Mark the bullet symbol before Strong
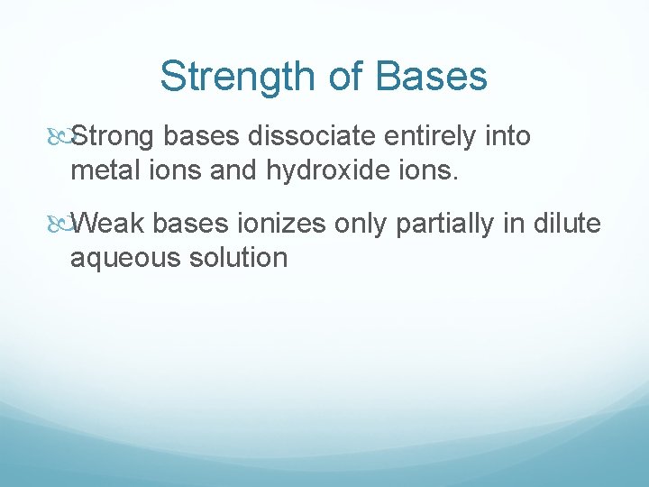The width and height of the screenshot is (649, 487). pos(59,137)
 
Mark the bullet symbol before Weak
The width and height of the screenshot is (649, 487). pos(59,224)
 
